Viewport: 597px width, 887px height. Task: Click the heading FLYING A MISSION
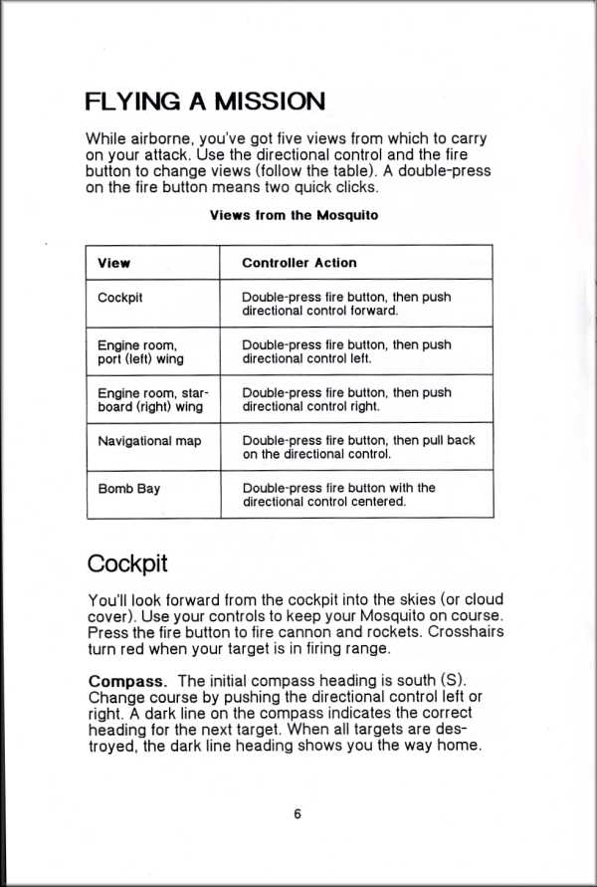click(205, 102)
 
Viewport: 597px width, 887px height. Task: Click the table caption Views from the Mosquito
click(294, 215)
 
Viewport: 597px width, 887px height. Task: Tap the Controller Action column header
click(299, 263)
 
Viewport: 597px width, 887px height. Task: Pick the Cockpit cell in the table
click(121, 297)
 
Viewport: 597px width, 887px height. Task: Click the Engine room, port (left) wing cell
click(140, 351)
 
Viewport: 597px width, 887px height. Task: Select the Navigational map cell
click(149, 440)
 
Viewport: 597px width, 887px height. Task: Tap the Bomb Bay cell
click(128, 489)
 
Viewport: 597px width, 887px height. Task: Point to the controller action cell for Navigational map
click(358, 447)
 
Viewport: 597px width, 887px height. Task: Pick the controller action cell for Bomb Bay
click(338, 495)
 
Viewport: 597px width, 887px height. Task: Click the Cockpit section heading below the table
click(127, 563)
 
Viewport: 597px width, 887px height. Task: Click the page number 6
click(298, 813)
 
